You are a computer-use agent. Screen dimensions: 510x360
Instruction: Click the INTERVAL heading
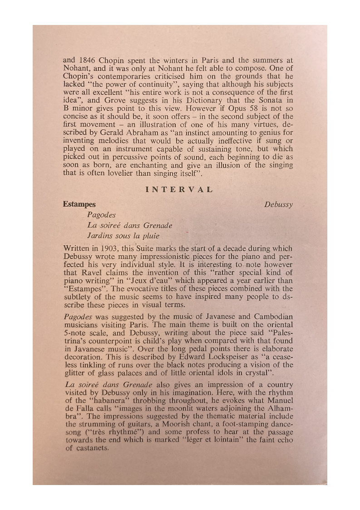point(179,189)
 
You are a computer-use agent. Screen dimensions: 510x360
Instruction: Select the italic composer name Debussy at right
point(278,204)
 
